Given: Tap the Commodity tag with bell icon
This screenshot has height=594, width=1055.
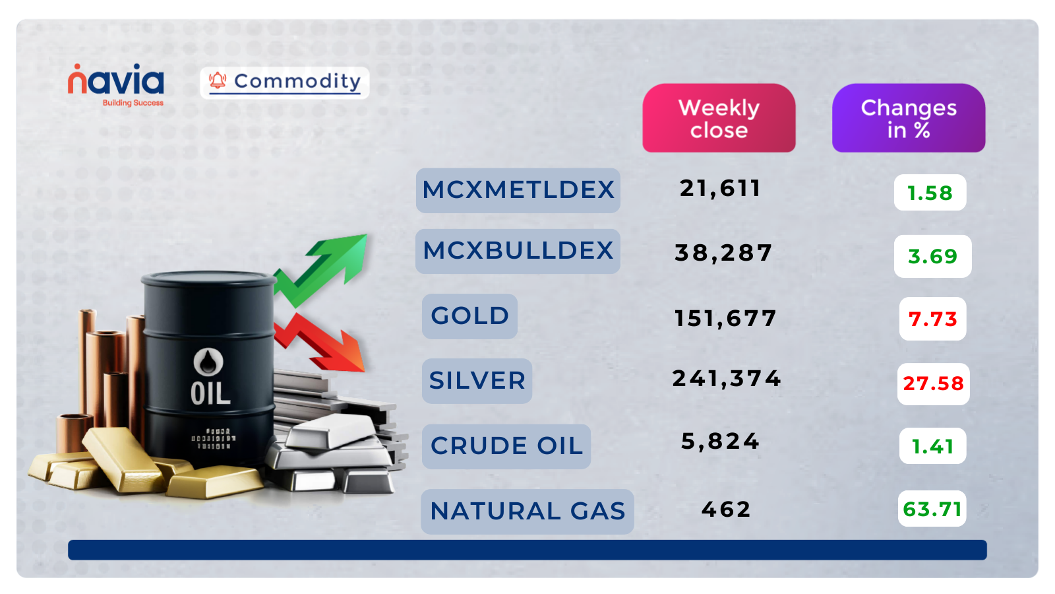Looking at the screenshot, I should pos(285,82).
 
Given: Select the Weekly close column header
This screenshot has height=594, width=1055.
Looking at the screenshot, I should pos(719,118).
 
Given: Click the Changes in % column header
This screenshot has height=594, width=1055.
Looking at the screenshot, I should pos(908,118).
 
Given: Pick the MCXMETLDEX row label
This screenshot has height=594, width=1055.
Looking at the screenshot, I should pos(518,190).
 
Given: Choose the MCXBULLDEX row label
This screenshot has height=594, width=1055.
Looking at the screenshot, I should pos(518,251).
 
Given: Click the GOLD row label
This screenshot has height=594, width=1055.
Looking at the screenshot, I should pos(469,316).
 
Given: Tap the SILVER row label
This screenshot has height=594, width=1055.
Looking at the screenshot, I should pos(477,381).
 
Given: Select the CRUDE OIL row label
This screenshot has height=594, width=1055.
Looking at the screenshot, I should pos(506,446).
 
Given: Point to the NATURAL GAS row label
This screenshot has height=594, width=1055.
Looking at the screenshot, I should pos(527,511).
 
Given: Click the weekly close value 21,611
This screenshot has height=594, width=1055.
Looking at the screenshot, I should pos(720,189).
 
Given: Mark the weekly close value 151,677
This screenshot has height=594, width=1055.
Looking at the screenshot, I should pos(725,319).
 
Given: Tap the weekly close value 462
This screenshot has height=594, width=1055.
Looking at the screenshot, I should pos(726,510).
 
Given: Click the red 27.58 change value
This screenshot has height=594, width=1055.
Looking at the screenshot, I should pos(933,383).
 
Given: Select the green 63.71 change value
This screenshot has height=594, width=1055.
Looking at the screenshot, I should pos(932,509).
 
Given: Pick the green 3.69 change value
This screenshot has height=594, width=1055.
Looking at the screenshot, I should pos(932,256).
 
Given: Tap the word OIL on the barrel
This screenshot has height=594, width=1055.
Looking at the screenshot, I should pos(210,394).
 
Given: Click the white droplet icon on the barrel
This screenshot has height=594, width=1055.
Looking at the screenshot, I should pos(208,361).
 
